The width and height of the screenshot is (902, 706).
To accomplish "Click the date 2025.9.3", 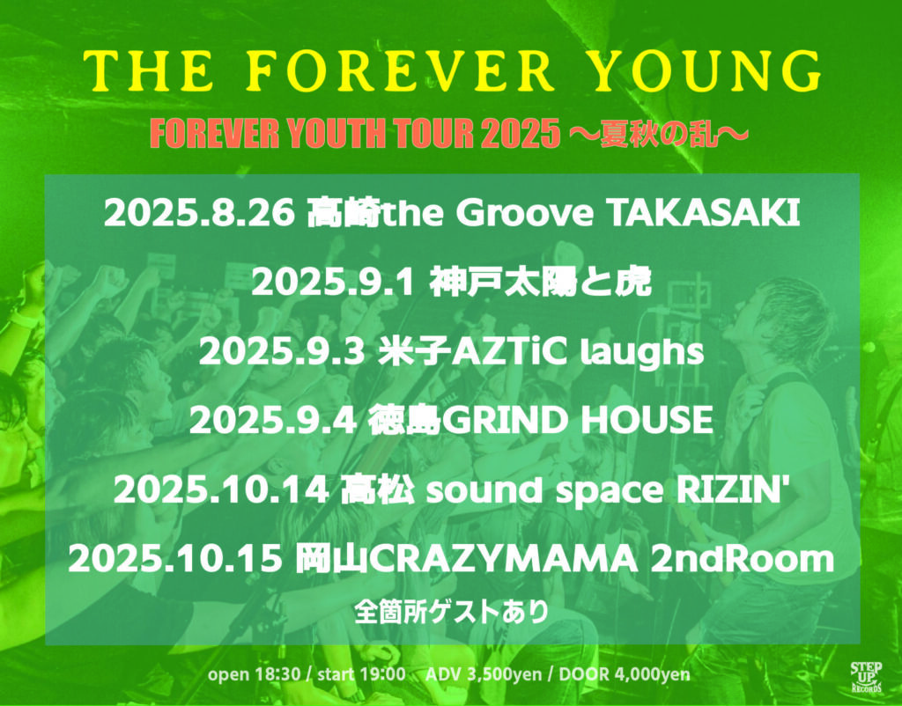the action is coord(282,352).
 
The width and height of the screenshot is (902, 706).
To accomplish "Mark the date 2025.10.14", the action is coord(221,490).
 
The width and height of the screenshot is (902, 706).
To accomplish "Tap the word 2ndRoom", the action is coord(742,559).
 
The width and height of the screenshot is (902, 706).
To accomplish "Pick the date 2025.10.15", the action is coord(175,559).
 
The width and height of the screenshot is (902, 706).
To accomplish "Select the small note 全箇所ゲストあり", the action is coord(452,612).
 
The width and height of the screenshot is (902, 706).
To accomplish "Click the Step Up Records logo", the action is coord(867,677).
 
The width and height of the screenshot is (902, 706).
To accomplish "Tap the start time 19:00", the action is coord(382,673).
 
